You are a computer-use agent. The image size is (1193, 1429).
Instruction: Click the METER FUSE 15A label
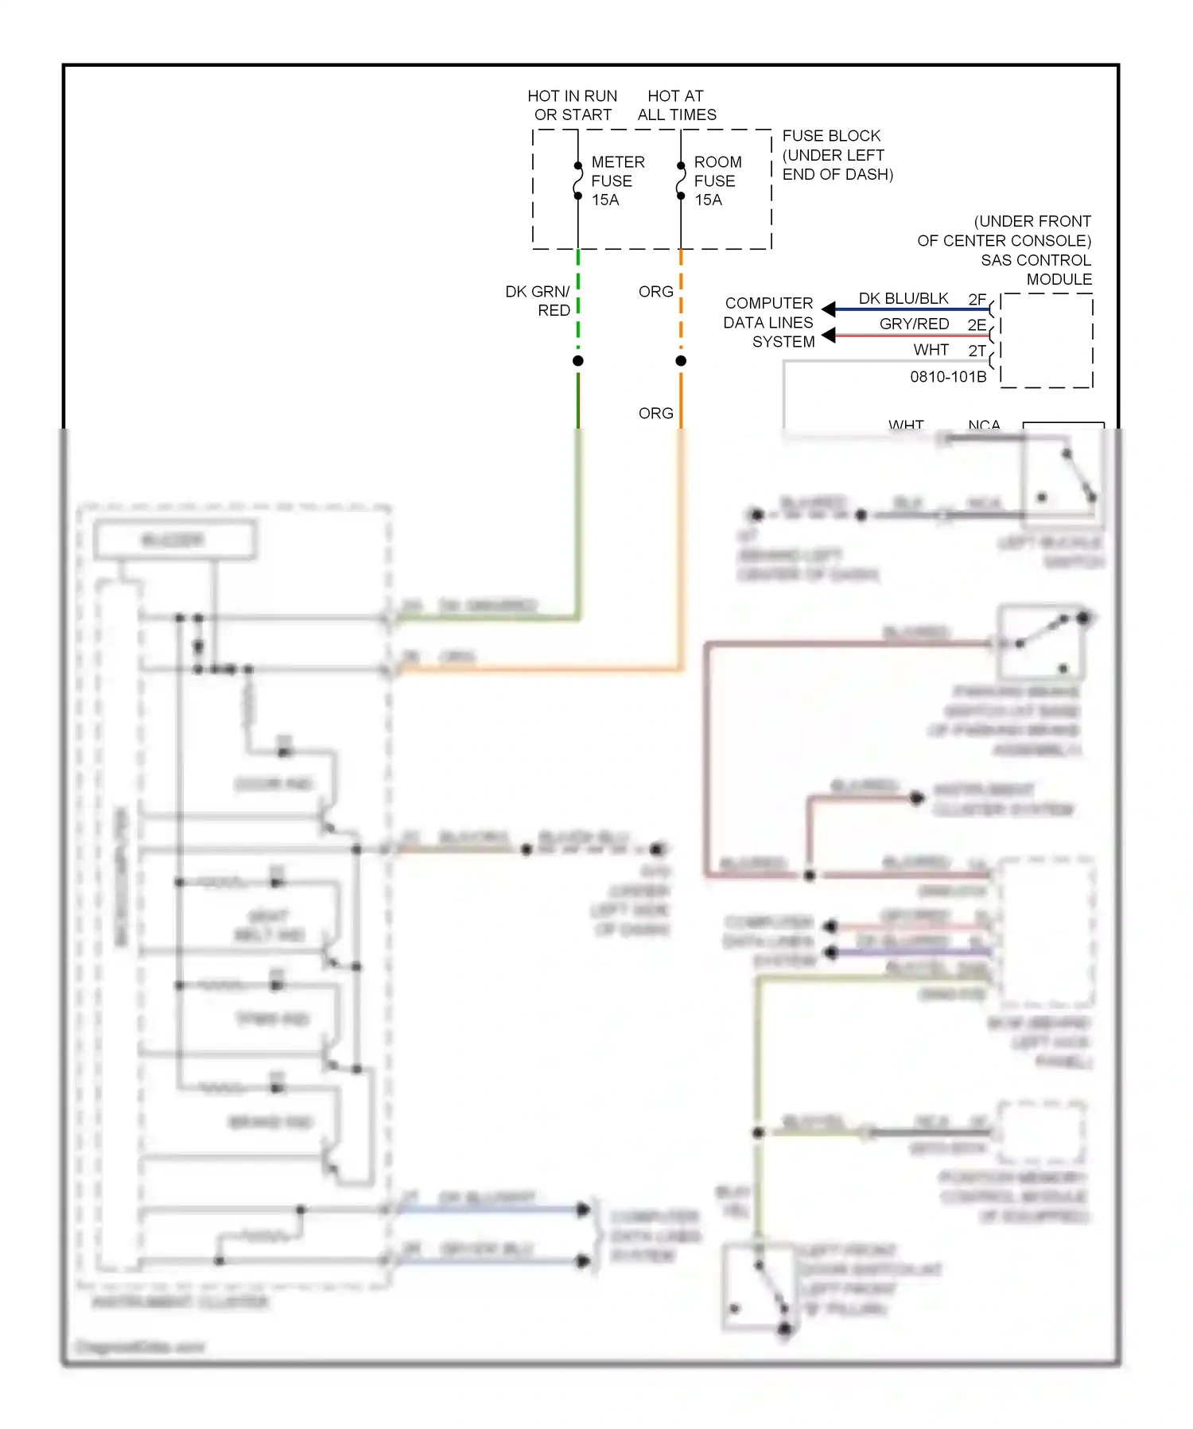[x=616, y=181]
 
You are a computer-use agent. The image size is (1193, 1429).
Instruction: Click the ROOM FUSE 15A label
[x=717, y=181]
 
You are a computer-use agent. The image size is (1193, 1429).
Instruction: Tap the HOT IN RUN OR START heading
[x=572, y=105]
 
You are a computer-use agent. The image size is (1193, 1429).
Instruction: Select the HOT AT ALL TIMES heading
[x=676, y=105]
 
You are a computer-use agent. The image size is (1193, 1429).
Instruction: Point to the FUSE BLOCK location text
[x=837, y=155]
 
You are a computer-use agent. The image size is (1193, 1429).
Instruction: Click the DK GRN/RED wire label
[x=538, y=301]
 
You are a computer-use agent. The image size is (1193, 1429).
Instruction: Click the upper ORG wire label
[x=655, y=292]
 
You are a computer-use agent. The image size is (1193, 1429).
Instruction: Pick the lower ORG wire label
[x=655, y=414]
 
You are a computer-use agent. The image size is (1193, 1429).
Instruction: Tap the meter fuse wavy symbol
[x=578, y=181]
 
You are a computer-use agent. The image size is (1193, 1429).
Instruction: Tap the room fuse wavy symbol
[x=681, y=181]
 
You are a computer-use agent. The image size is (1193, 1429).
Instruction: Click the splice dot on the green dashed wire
[x=578, y=361]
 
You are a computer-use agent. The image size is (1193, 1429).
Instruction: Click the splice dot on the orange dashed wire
[x=681, y=361]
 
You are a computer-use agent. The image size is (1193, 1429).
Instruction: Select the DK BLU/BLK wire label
[x=903, y=298]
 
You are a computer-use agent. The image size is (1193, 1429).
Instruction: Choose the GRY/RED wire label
[x=914, y=324]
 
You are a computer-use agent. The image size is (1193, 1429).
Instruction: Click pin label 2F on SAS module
[x=977, y=299]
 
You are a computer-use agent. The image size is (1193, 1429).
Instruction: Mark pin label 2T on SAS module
[x=977, y=351]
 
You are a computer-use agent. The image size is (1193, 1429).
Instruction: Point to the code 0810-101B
[x=948, y=377]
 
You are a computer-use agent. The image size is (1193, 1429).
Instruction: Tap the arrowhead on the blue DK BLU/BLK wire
[x=829, y=309]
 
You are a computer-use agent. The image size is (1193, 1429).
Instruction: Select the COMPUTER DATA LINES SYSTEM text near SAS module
[x=768, y=322]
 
